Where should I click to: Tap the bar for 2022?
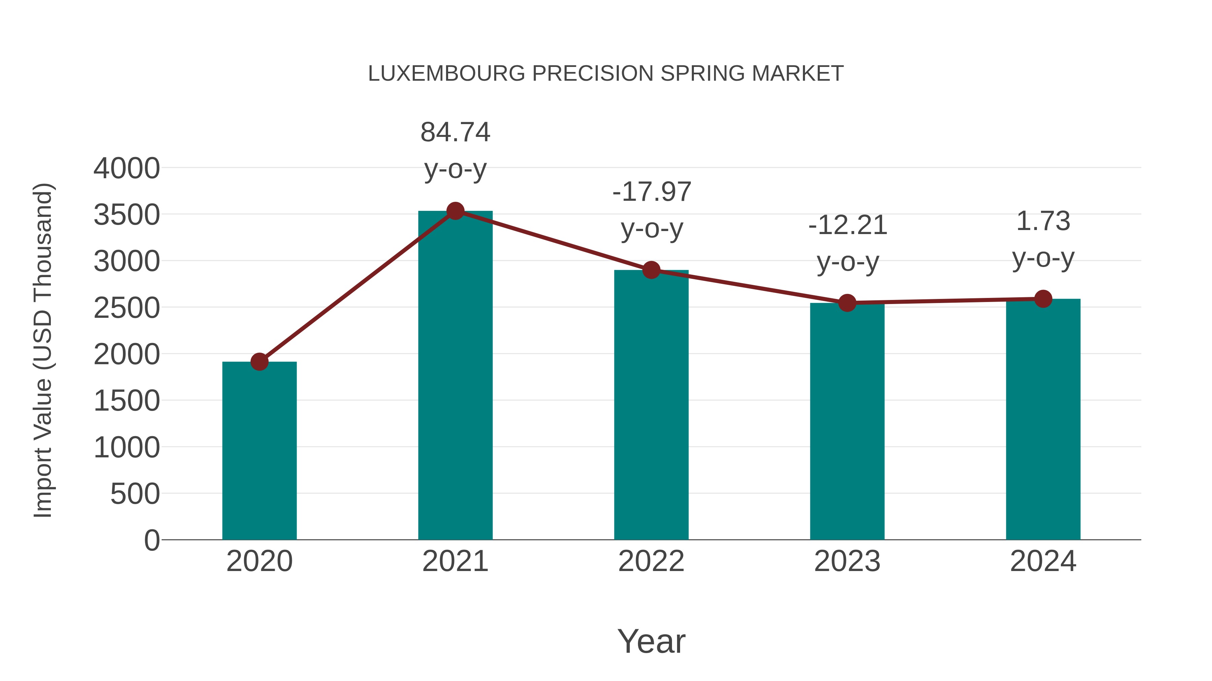[651, 405]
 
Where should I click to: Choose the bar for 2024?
[1043, 419]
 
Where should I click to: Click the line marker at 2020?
[259, 362]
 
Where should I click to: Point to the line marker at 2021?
[455, 211]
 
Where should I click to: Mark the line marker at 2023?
[847, 303]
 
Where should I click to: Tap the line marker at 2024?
[1043, 299]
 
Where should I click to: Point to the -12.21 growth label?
[847, 243]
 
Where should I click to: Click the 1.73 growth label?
[1043, 239]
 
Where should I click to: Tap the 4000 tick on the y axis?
[127, 168]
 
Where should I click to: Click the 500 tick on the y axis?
[135, 494]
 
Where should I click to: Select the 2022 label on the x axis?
[651, 561]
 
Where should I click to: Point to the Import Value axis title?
[43, 350]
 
